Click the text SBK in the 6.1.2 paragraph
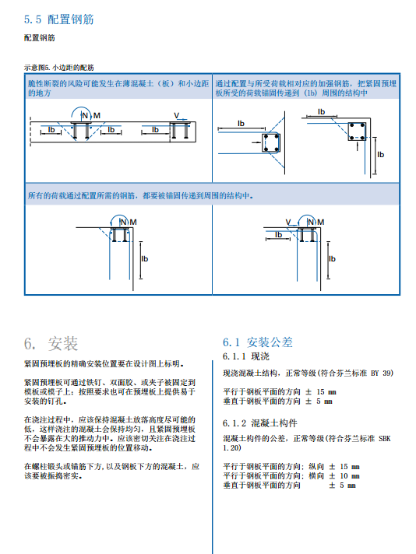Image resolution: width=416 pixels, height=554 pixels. tap(386, 440)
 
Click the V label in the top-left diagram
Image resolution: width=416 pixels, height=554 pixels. tap(177, 115)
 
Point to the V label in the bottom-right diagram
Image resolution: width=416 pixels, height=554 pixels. tap(288, 222)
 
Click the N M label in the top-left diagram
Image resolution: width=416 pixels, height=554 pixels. tap(90, 115)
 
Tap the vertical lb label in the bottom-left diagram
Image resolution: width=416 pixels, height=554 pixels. tap(144, 258)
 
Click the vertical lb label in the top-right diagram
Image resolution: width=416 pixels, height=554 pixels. tap(381, 154)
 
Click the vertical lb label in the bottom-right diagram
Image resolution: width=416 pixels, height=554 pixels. tap(332, 258)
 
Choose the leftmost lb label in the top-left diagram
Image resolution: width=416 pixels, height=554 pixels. tap(51, 129)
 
